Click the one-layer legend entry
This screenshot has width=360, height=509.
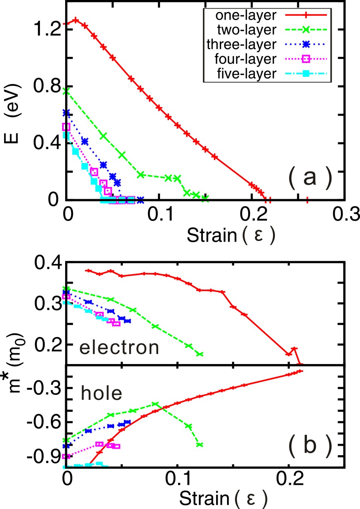pos(246,15)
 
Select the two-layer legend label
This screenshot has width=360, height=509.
pos(247,30)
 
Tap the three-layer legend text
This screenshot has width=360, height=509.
pos(241,44)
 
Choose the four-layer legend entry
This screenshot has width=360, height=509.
pos(245,59)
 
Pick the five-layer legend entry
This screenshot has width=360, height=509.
pos(246,73)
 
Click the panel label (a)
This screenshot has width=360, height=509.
pos(310,178)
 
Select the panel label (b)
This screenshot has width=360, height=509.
pos(310,445)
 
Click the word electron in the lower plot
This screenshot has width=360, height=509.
pos(119,347)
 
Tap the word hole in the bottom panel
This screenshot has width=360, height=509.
pos(101,393)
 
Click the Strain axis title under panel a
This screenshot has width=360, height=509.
pos(231,235)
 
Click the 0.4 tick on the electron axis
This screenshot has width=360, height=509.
pos(48,263)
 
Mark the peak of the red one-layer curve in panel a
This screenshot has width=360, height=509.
pos(76,20)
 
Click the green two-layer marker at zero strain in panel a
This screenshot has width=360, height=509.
pos(66,91)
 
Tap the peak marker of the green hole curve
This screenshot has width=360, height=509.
pos(154,404)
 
